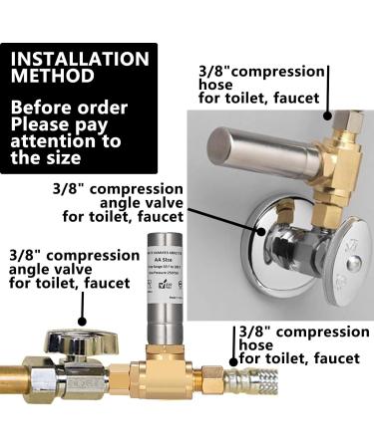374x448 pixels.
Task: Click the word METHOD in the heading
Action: [53, 76]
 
